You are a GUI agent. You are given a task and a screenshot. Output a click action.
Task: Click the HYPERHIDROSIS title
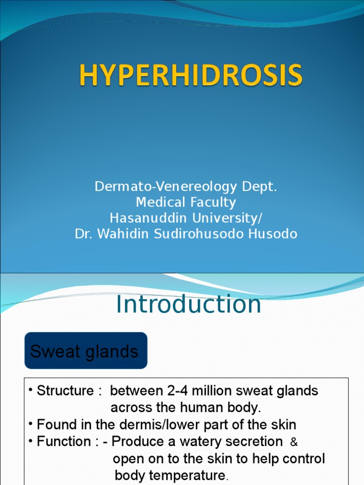tap(190, 76)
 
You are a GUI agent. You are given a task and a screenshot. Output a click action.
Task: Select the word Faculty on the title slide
tap(212, 202)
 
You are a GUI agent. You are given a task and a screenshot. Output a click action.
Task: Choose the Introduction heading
tap(188, 305)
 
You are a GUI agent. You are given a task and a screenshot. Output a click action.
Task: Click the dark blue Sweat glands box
tap(86, 351)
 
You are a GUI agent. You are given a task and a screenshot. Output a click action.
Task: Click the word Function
tap(64, 441)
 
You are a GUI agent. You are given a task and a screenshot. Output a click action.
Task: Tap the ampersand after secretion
tap(294, 442)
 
